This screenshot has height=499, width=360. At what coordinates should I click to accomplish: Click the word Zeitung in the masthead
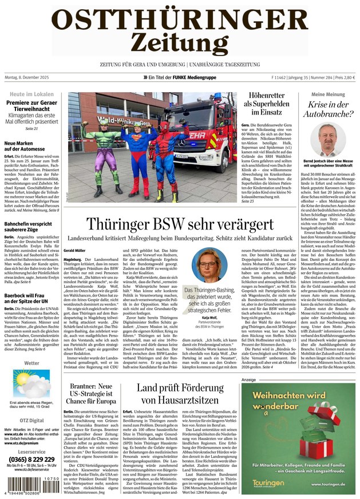[179, 42]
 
